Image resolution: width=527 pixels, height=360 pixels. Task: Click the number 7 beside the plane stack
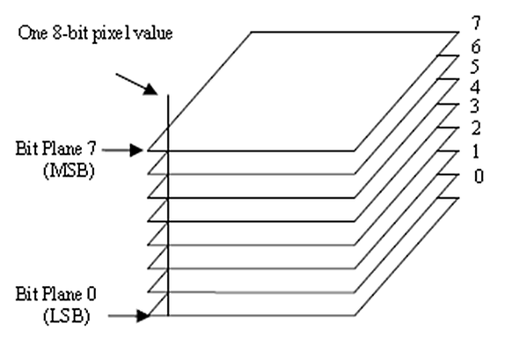[476, 23]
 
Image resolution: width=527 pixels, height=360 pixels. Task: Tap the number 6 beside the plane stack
[476, 47]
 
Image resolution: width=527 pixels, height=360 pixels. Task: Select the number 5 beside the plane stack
[474, 67]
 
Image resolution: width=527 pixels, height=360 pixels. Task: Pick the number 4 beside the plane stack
[475, 87]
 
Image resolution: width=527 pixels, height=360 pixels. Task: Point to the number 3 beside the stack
[474, 107]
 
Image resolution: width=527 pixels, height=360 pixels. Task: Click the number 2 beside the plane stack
[476, 128]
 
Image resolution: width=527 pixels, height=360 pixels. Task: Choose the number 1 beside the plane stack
[475, 151]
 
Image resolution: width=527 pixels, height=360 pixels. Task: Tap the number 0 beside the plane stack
[479, 176]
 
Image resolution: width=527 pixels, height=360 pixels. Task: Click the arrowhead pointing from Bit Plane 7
[137, 150]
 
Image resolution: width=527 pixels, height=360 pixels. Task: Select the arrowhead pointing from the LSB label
[143, 316]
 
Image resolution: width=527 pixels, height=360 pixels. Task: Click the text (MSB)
[69, 171]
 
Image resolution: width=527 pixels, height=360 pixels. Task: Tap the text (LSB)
[67, 316]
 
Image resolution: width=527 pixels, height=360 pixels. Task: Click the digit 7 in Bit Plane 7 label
[91, 149]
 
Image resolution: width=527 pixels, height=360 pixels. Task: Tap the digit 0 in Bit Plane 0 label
[91, 294]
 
